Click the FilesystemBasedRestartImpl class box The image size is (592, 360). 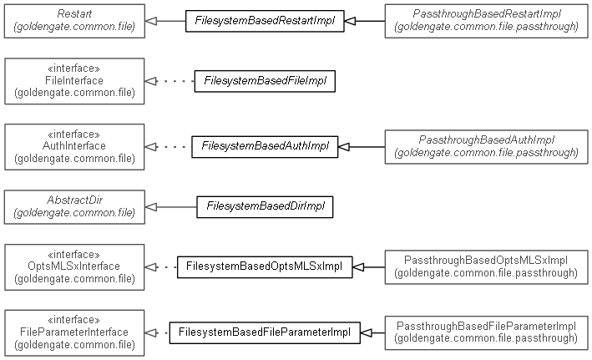pos(264,21)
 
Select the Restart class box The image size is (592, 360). pos(74,21)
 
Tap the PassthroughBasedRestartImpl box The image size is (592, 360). pos(486,21)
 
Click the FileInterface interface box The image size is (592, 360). pos(74,81)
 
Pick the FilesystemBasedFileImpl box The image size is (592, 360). pos(265,81)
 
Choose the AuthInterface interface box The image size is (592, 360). pos(74,145)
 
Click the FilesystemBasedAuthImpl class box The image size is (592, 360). pos(264,146)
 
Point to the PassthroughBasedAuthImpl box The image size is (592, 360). pos(486,145)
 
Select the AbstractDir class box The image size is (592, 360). pos(74,205)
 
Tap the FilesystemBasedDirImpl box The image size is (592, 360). pos(265,205)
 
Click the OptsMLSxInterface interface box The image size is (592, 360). pos(74,266)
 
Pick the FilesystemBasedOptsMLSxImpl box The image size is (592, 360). pos(264,267)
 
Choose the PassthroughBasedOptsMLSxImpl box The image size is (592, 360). pos(486,266)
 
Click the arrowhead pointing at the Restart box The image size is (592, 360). pos(151,21)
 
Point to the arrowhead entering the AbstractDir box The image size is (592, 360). pos(151,205)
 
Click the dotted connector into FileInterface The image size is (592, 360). pos(172,81)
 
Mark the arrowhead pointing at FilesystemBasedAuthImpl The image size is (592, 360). pos(342,146)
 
